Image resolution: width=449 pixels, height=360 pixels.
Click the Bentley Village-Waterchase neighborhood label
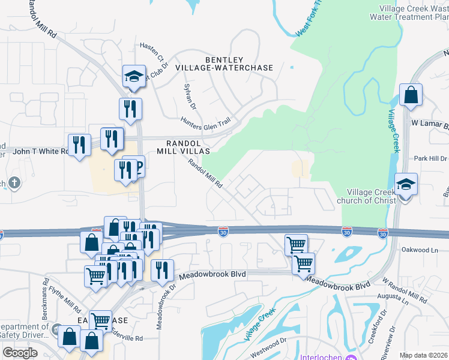pyautogui.click(x=224, y=64)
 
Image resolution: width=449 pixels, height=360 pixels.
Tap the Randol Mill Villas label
pyautogui.click(x=183, y=147)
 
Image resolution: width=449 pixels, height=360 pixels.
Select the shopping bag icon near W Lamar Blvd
pyautogui.click(x=411, y=95)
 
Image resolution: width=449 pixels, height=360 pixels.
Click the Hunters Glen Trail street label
pyautogui.click(x=205, y=122)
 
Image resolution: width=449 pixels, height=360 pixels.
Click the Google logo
pyautogui.click(x=20, y=353)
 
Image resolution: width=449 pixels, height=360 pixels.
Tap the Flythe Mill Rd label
pyautogui.click(x=68, y=293)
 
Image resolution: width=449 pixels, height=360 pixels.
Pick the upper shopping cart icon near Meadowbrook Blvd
pyautogui.click(x=296, y=244)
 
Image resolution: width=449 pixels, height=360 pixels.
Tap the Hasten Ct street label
pyautogui.click(x=151, y=52)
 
